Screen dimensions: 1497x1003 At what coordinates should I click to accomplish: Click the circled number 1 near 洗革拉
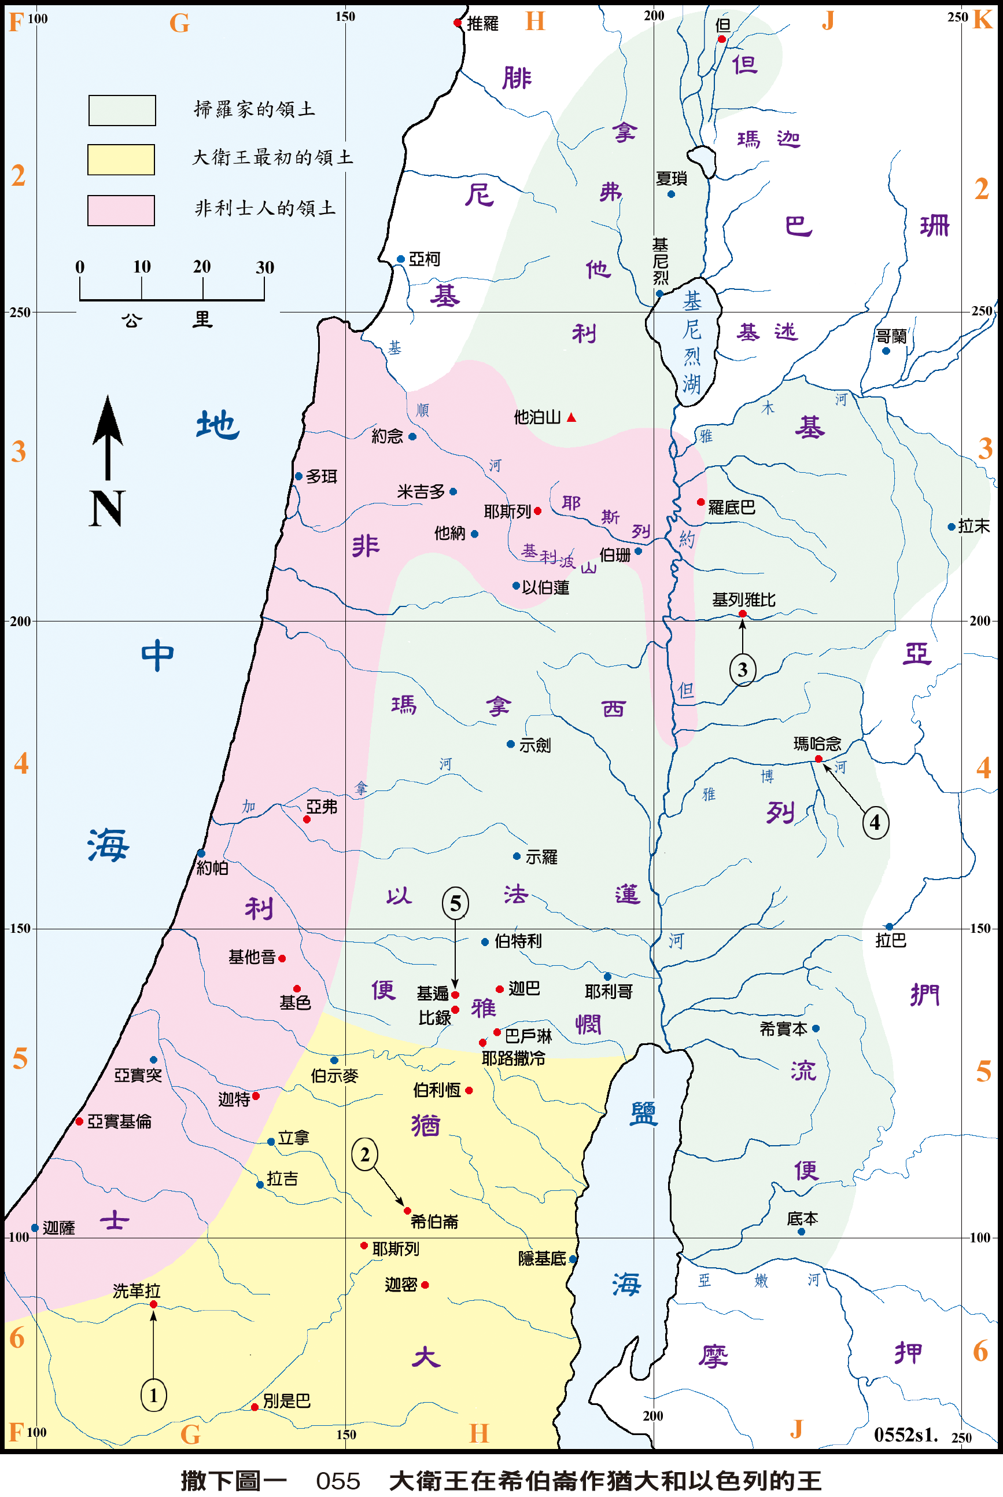click(x=153, y=1395)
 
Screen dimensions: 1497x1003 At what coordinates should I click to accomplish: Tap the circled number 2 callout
click(x=364, y=1155)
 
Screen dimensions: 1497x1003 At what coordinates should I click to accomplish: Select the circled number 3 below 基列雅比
click(x=742, y=670)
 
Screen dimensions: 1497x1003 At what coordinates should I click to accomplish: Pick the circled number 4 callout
click(x=875, y=822)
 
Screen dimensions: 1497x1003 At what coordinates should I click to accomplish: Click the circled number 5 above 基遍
click(x=455, y=903)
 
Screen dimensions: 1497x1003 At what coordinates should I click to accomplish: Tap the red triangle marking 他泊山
click(x=571, y=418)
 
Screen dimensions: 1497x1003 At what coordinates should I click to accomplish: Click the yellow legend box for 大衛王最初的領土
click(x=121, y=159)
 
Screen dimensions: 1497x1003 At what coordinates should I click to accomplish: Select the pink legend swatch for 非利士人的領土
click(x=121, y=211)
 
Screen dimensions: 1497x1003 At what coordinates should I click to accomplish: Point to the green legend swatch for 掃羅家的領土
click(x=121, y=110)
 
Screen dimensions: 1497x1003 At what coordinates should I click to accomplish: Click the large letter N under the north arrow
click(x=106, y=508)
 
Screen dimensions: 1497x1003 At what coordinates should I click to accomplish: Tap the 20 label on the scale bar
click(x=202, y=266)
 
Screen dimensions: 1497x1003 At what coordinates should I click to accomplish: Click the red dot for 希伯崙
click(x=407, y=1211)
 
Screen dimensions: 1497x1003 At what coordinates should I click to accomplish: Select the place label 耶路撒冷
click(x=513, y=1058)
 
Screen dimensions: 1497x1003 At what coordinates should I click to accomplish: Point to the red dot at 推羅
click(x=458, y=23)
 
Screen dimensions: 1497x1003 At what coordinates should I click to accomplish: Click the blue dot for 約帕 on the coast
click(x=201, y=853)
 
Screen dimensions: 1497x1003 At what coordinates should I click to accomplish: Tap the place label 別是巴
click(x=286, y=1400)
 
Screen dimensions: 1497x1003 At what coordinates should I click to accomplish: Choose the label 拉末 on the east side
click(x=974, y=526)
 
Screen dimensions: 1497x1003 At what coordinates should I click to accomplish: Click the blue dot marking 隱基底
click(x=573, y=1259)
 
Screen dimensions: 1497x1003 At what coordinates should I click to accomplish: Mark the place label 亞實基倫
click(x=119, y=1121)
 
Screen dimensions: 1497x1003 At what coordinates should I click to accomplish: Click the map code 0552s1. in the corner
click(x=905, y=1435)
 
